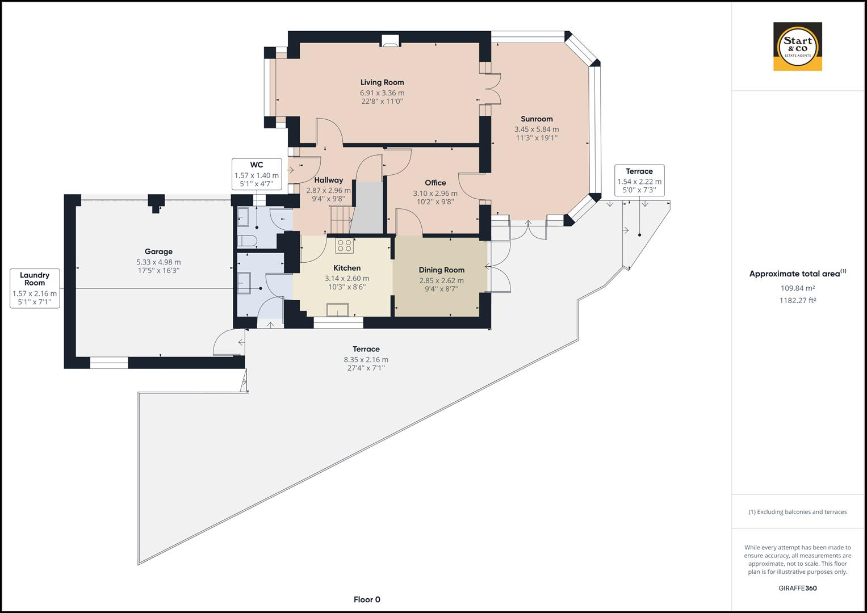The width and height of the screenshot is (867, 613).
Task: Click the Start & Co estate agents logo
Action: pyautogui.click(x=798, y=47)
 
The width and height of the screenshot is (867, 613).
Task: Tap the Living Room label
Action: pyautogui.click(x=382, y=82)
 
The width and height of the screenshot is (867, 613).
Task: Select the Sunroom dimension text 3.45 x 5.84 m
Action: pyautogui.click(x=537, y=129)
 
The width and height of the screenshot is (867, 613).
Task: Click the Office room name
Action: pyautogui.click(x=435, y=183)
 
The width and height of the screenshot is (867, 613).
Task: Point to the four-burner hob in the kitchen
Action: pyautogui.click(x=344, y=245)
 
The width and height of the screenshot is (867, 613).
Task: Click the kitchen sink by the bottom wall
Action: pyautogui.click(x=337, y=310)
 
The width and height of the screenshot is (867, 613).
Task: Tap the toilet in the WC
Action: pyautogui.click(x=247, y=241)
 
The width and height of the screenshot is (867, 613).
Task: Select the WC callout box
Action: pyautogui.click(x=257, y=174)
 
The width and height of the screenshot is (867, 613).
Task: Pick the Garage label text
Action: pyautogui.click(x=158, y=251)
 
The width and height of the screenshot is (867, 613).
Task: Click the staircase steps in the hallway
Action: pyautogui.click(x=340, y=220)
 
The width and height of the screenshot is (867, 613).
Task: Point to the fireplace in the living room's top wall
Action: pyautogui.click(x=389, y=41)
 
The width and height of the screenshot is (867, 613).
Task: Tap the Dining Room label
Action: pyautogui.click(x=442, y=270)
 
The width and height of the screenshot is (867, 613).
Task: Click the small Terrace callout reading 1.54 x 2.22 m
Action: pyautogui.click(x=639, y=180)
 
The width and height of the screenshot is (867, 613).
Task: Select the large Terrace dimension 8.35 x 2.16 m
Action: pyautogui.click(x=366, y=359)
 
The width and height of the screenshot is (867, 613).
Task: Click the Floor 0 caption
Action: pyautogui.click(x=367, y=599)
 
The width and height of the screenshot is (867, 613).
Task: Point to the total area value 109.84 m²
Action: pyautogui.click(x=798, y=288)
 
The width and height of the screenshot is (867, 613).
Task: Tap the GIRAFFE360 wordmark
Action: pyautogui.click(x=798, y=588)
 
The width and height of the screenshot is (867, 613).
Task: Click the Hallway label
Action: pyautogui.click(x=329, y=180)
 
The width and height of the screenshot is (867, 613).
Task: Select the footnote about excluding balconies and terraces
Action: pyautogui.click(x=798, y=512)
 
